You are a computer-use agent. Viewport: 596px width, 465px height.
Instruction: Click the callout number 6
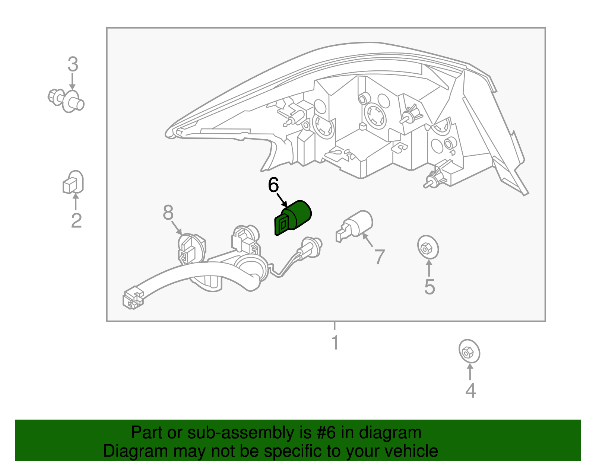point(273,185)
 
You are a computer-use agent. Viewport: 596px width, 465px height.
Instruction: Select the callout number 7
point(379,257)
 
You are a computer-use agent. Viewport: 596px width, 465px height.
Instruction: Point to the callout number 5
point(429,287)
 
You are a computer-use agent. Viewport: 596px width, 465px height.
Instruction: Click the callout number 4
point(471,391)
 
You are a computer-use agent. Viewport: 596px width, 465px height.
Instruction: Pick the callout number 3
point(73,64)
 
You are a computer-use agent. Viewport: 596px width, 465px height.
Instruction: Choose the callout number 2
point(76,220)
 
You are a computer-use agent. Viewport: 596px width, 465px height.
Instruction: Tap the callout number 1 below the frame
point(335,342)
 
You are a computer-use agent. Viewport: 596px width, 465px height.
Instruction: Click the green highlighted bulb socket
point(293,217)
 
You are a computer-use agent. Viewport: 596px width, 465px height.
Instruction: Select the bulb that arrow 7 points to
point(354,226)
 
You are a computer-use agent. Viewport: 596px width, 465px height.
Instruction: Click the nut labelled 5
point(428,247)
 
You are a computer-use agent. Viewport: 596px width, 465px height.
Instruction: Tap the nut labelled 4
point(469,351)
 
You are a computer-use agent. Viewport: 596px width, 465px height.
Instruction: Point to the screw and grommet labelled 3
point(66,101)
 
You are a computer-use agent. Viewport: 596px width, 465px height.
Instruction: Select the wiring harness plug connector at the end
point(133,298)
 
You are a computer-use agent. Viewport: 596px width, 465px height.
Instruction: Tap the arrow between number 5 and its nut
point(429,268)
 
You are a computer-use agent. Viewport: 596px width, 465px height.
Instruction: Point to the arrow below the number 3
point(72,81)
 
